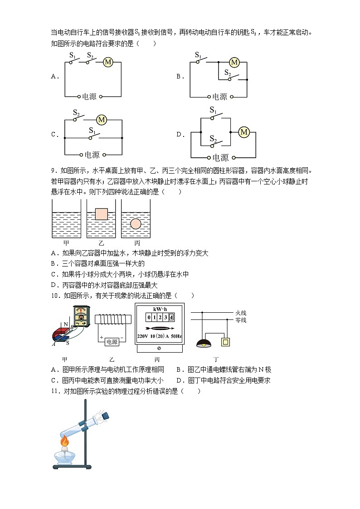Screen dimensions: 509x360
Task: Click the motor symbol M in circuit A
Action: pyautogui.click(x=108, y=63)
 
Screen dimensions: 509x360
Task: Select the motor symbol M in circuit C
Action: pyautogui.click(x=101, y=120)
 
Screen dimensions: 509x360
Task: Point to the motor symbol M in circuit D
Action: pyautogui.click(x=244, y=132)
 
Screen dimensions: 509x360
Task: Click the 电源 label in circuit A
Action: pyautogui.click(x=89, y=97)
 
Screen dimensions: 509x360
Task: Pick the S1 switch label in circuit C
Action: pyautogui.click(x=92, y=131)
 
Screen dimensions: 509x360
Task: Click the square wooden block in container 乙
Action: pyautogui.click(x=101, y=214)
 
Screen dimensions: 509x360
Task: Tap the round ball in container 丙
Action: pyautogui.click(x=136, y=223)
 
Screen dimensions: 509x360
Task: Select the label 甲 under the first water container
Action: pyautogui.click(x=66, y=243)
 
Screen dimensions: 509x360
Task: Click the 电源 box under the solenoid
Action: pyautogui.click(x=112, y=342)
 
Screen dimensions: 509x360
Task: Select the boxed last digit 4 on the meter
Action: pyautogui.click(x=171, y=317)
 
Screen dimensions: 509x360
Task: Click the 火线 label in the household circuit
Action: pyautogui.click(x=241, y=312)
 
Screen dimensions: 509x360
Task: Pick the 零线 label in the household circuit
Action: pyautogui.click(x=241, y=320)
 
